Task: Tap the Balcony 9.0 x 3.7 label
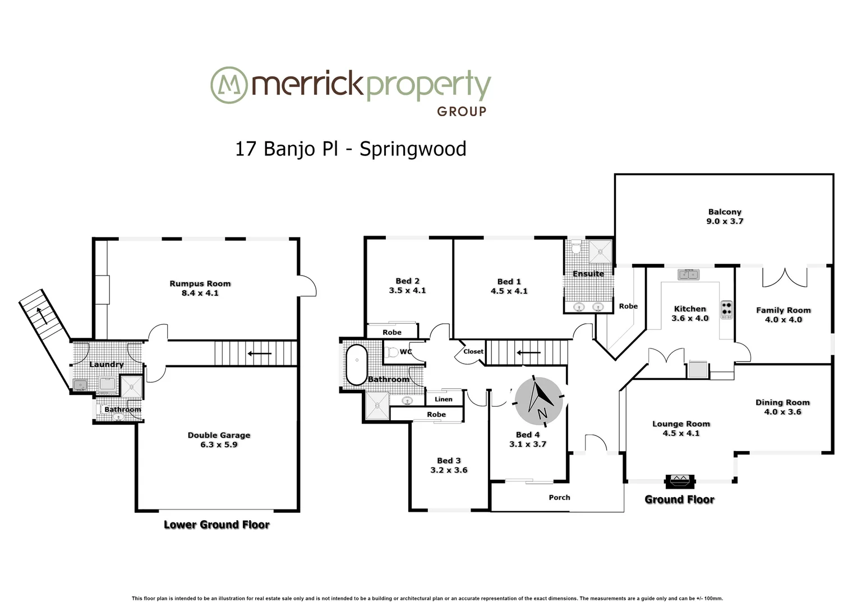click(725, 217)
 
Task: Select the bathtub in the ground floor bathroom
click(356, 365)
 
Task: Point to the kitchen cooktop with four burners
click(727, 310)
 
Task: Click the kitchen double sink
click(689, 274)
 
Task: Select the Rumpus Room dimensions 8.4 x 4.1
click(200, 293)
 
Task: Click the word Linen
click(443, 399)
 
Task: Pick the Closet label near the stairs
click(473, 351)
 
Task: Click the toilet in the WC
click(392, 352)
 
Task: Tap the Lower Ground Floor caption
click(216, 525)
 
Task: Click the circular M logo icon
click(229, 85)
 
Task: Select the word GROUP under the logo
click(461, 112)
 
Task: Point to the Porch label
click(559, 497)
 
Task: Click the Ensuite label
click(588, 274)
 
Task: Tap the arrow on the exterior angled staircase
click(40, 315)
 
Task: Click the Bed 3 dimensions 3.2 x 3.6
click(449, 470)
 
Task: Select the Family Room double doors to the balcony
click(784, 277)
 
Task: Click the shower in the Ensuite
click(600, 251)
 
